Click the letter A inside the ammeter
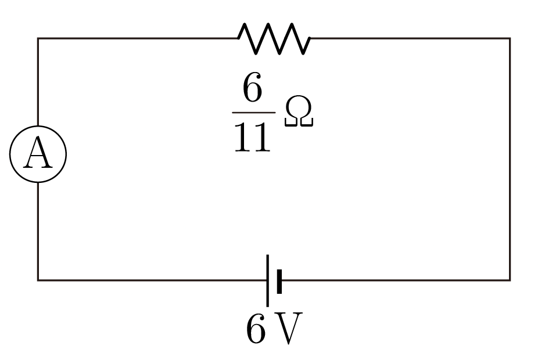pyautogui.click(x=38, y=153)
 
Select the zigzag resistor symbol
pyautogui.click(x=274, y=38)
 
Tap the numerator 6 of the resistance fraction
pyautogui.click(x=252, y=87)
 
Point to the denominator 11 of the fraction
pyautogui.click(x=253, y=138)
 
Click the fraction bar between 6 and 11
pyautogui.click(x=254, y=113)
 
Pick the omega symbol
pyautogui.click(x=299, y=111)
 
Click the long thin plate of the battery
pyautogui.click(x=268, y=280)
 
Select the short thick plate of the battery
pyautogui.click(x=279, y=281)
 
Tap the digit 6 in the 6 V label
pyautogui.click(x=256, y=329)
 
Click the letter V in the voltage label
pyautogui.click(x=289, y=328)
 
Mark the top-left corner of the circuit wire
pyautogui.click(x=38, y=38)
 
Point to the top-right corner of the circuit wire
pyautogui.click(x=510, y=38)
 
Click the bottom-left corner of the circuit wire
pyautogui.click(x=38, y=280)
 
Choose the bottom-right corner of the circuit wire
pyautogui.click(x=510, y=280)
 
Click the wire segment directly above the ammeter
pyautogui.click(x=38, y=82)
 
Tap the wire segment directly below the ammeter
pyautogui.click(x=38, y=231)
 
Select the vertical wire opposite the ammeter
pyautogui.click(x=510, y=159)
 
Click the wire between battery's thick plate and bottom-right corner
pyautogui.click(x=396, y=280)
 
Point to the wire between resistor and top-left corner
pyautogui.click(x=138, y=38)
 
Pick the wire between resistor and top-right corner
pyautogui.click(x=410, y=38)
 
